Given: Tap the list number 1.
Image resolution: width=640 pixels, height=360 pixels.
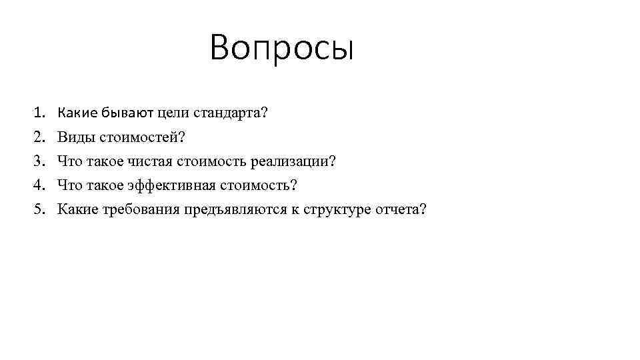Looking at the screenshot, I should (40, 113).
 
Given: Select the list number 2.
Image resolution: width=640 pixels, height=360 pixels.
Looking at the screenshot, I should (40, 137).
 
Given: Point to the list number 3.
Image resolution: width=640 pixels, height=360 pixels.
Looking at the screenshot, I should (40, 161).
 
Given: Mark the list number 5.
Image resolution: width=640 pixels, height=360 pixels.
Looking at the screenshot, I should (40, 209).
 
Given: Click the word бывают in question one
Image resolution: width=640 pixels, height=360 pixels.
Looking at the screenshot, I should (123, 113).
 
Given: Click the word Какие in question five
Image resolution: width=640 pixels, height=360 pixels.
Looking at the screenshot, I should (78, 209).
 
